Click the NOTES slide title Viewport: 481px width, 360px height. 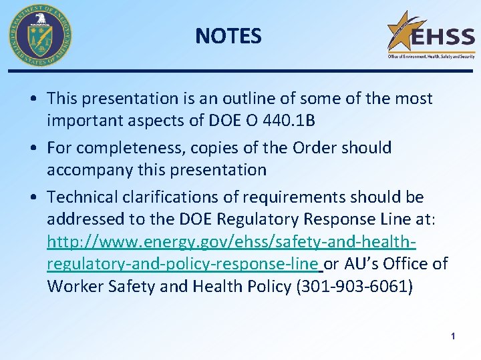pos(228,36)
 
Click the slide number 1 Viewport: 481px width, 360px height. pos(453,337)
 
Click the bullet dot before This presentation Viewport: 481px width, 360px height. pos(33,99)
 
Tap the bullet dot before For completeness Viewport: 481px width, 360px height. pos(33,148)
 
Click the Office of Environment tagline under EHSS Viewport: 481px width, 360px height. pos(431,57)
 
